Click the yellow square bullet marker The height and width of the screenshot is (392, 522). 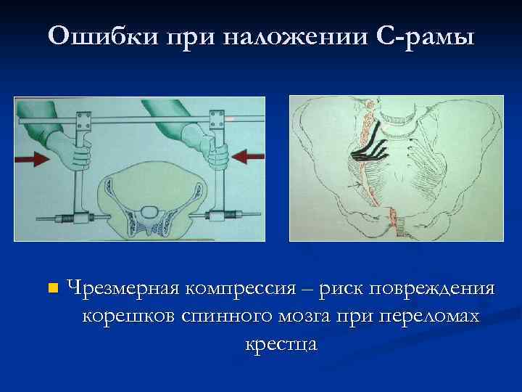(x=50, y=289)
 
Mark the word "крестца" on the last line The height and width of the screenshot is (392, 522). (x=281, y=343)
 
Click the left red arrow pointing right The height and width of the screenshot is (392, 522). (x=30, y=158)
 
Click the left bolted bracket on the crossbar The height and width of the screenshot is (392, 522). (x=82, y=116)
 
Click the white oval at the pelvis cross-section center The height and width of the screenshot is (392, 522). (x=150, y=212)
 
